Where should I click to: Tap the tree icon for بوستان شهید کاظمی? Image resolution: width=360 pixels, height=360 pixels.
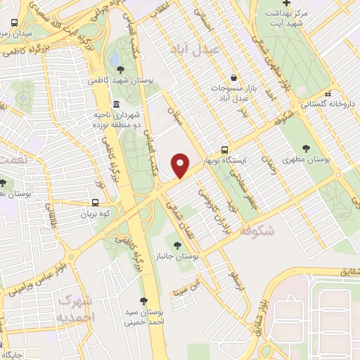(x=121, y=70)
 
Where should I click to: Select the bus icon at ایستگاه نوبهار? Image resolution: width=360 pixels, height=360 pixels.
(x=224, y=149)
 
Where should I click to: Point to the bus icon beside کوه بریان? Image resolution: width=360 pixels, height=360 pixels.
(x=95, y=202)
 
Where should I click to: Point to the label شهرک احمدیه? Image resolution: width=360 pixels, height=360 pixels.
(x=75, y=308)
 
